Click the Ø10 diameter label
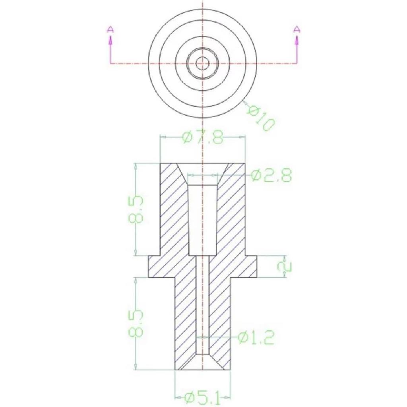coord(261,118)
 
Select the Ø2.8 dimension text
coord(271,175)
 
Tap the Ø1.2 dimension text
coord(256,337)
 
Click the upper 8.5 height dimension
coord(136,210)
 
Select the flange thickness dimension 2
coord(285,267)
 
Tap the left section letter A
coord(111,29)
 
